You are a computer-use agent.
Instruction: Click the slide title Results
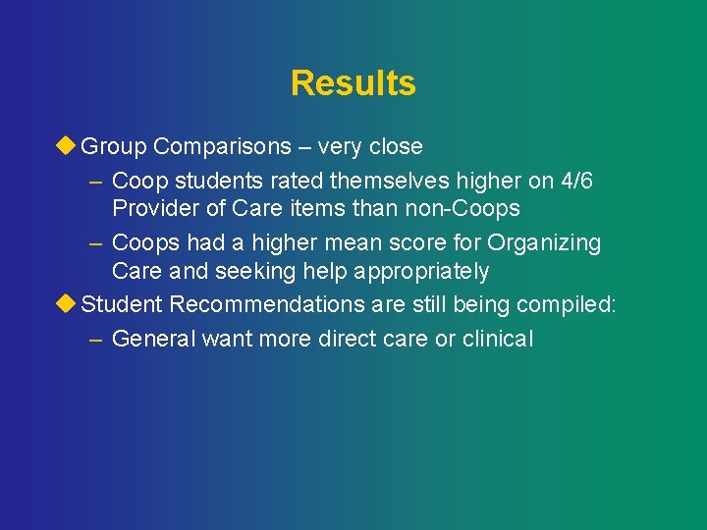353,83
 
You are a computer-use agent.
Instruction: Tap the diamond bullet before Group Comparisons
67,146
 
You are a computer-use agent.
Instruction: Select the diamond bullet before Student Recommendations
67,303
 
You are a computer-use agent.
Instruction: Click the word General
154,339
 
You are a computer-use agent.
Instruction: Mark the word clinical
498,339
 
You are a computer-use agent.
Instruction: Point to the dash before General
94,339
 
